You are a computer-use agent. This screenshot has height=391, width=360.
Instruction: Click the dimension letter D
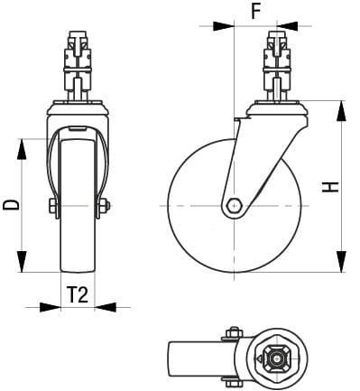click(12, 205)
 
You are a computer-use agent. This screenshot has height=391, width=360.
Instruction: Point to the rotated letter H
click(331, 187)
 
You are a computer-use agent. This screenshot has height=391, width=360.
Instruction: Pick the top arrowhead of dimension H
click(341, 108)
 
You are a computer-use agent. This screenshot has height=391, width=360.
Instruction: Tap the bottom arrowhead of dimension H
click(341, 265)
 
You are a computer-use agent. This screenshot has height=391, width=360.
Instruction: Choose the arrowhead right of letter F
click(288, 26)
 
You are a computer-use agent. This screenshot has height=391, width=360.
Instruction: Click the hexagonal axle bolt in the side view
click(234, 205)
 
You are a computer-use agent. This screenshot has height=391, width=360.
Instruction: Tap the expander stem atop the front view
click(78, 63)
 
